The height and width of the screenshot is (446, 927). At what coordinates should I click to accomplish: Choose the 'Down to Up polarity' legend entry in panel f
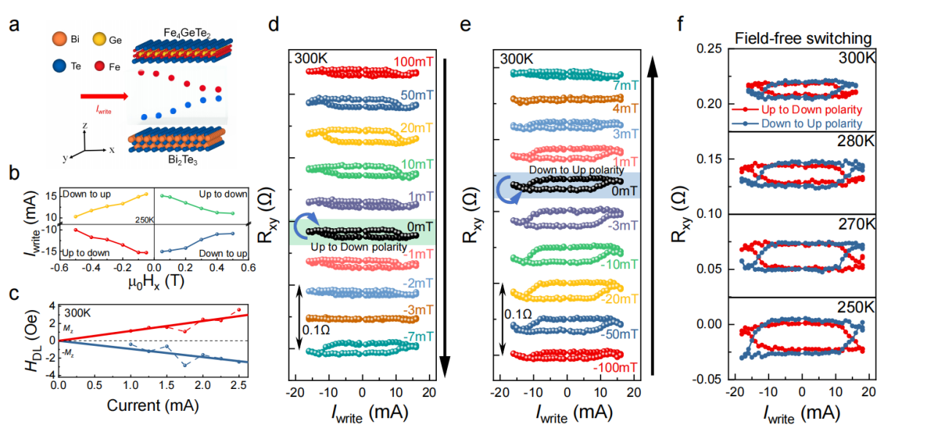pyautogui.click(x=811, y=124)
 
